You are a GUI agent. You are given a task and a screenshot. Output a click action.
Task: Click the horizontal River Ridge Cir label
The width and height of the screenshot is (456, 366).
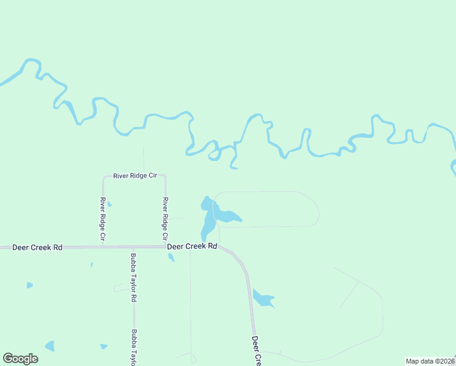click(135, 176)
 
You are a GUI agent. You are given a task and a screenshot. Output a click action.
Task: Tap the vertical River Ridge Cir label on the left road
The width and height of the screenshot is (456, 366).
click(103, 218)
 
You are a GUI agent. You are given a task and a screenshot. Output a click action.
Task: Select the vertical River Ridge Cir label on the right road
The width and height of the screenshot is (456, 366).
click(165, 218)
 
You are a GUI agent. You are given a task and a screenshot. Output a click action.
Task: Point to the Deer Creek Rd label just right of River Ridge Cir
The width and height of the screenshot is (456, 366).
click(193, 246)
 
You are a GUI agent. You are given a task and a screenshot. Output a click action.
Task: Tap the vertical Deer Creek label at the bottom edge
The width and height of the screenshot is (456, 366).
click(257, 351)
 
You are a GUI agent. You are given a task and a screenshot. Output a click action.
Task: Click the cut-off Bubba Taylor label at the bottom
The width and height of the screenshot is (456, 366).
click(133, 348)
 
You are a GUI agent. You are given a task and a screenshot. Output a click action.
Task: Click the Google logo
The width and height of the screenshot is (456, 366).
click(20, 359)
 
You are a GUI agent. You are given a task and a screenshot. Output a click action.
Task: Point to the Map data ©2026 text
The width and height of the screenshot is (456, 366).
click(430, 361)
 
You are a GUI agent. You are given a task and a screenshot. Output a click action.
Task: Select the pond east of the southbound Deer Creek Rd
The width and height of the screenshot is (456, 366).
click(263, 298)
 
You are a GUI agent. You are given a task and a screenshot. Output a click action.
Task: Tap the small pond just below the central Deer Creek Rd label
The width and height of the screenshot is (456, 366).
click(171, 257)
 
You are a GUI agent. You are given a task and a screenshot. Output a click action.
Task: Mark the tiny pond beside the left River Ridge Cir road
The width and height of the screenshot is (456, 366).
click(109, 204)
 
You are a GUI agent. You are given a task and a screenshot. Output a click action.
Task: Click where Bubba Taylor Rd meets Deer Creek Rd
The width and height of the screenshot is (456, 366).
click(133, 247)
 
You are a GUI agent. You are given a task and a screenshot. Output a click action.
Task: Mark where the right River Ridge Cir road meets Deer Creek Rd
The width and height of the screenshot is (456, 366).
click(165, 247)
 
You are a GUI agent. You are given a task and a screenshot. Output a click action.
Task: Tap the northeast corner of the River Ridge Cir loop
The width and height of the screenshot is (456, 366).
click(165, 177)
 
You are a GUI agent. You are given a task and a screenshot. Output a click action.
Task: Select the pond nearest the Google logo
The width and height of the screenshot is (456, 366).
click(50, 346)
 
